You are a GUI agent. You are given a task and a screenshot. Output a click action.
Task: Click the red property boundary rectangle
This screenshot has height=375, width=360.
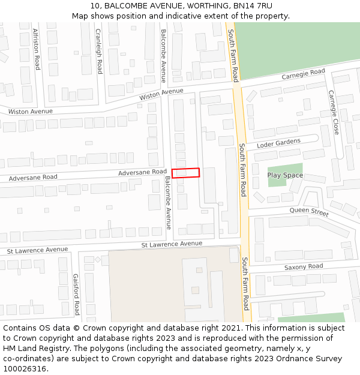click(185, 172)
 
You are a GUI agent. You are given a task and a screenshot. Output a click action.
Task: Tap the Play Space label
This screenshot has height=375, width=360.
click(285, 175)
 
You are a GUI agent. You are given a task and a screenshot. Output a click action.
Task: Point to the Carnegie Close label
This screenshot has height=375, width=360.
click(333, 112)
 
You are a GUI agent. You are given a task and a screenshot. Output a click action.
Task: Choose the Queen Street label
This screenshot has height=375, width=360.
click(309, 211)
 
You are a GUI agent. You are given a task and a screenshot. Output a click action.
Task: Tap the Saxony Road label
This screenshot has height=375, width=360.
click(304, 266)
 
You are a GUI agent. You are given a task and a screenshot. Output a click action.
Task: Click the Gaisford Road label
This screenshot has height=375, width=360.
click(76, 294)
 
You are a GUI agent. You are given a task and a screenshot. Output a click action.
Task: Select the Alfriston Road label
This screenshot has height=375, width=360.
click(36, 49)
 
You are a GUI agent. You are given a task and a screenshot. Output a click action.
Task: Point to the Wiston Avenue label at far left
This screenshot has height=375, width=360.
click(30, 112)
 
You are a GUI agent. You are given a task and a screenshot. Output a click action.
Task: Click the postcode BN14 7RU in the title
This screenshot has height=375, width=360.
click(253, 6)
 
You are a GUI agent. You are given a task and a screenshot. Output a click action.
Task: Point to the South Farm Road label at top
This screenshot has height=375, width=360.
click(233, 55)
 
